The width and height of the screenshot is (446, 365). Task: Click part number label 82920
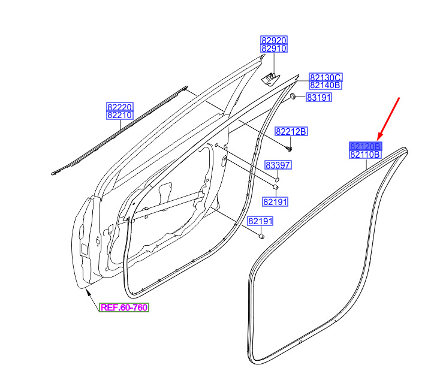(x=274, y=40)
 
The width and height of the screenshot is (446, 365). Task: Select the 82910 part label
(x=274, y=49)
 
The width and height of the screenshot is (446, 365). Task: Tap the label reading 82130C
(x=326, y=77)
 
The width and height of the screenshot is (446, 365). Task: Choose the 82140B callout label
(x=326, y=85)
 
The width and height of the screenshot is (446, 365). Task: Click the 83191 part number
(x=319, y=98)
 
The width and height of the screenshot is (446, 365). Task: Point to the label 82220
(x=120, y=107)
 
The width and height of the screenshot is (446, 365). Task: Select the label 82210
(x=120, y=115)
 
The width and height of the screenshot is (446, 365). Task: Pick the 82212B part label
(x=291, y=132)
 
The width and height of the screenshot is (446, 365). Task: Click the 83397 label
(x=278, y=165)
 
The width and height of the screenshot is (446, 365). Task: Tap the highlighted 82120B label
(x=366, y=146)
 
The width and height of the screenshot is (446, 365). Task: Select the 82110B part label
(x=366, y=155)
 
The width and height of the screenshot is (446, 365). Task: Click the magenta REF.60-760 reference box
(x=124, y=307)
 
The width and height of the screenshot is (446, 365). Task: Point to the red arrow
(x=388, y=119)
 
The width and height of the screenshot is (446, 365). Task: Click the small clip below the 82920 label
(x=270, y=78)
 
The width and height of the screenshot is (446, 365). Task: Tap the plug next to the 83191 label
(x=293, y=96)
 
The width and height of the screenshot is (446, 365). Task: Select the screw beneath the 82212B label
(x=290, y=149)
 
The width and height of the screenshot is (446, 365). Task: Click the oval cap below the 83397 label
(x=277, y=179)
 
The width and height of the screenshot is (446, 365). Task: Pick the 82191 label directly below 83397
(x=275, y=202)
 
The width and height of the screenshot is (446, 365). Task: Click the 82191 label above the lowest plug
(x=260, y=221)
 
